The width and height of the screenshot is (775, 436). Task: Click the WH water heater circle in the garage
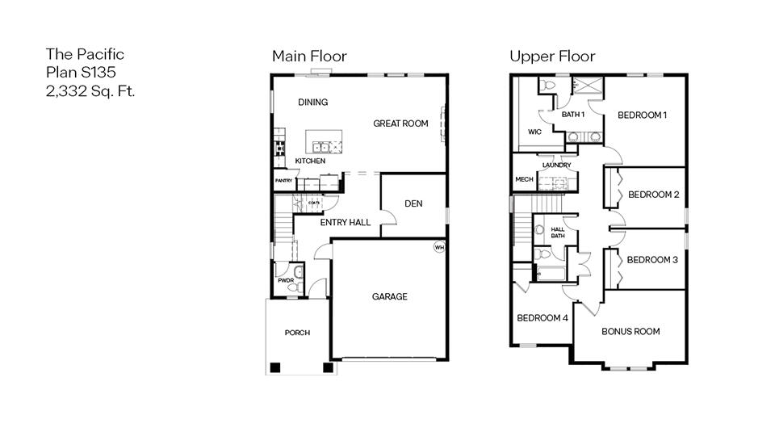point(439,247)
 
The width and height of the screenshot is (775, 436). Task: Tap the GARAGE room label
point(389,296)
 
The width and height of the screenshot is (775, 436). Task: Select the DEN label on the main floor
point(413,203)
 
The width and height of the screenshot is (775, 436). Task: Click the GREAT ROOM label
point(400,124)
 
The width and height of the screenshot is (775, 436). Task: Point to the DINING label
point(313,103)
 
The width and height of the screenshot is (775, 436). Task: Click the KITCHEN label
point(310,161)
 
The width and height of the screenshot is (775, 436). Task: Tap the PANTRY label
point(283,180)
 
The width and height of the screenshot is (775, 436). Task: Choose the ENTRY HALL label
point(346,222)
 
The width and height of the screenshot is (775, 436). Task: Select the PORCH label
point(297,333)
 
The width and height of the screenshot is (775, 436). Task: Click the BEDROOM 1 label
point(642,115)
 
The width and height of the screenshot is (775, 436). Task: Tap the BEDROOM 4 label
point(542,318)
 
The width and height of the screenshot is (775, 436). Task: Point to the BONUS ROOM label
point(630,331)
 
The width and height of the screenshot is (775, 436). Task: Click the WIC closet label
point(534,131)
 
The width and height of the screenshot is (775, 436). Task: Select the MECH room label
point(523,179)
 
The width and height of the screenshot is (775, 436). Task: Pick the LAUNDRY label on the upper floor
point(557,166)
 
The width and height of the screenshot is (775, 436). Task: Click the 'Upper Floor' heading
point(552,56)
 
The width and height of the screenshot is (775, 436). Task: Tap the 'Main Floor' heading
point(309,56)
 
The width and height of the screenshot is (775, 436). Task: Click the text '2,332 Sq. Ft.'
point(90,90)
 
